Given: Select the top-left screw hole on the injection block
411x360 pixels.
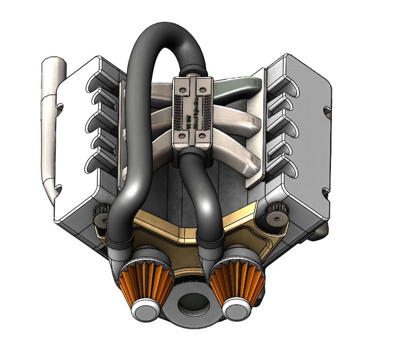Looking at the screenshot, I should click(182, 90).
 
